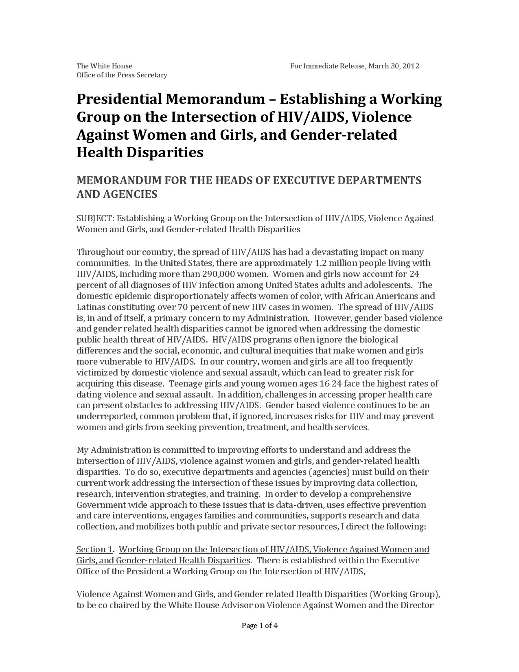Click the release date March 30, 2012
coord(394,66)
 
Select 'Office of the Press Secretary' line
coord(122,75)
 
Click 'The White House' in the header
coord(104,66)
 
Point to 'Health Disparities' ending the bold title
coord(140,152)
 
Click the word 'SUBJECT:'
coord(95,218)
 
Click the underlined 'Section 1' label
coord(94,549)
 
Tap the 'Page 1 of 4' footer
coord(260,626)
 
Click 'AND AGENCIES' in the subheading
coord(117,194)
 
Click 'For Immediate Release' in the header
coord(328,66)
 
